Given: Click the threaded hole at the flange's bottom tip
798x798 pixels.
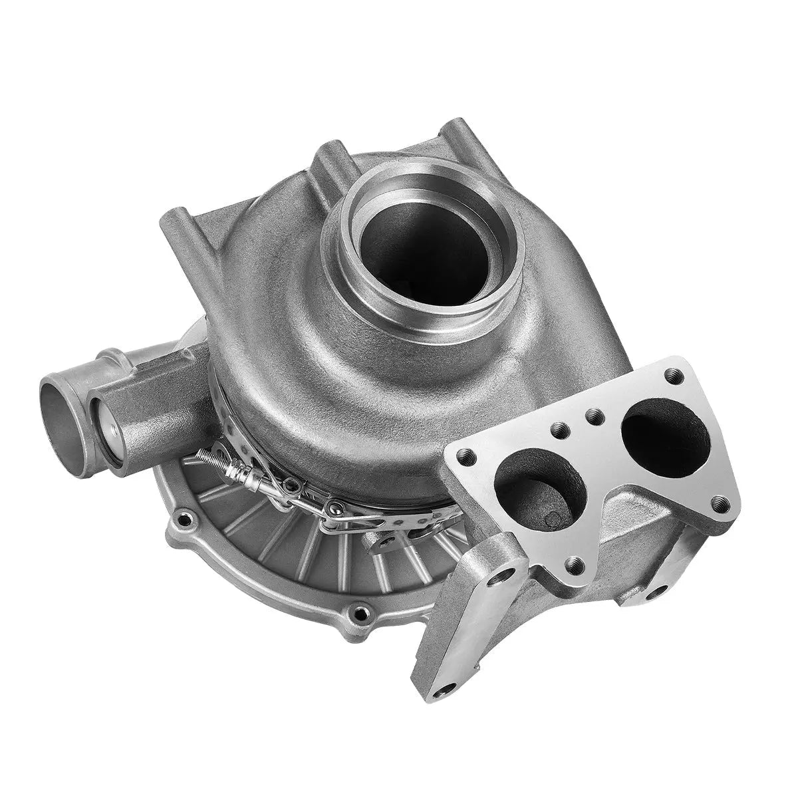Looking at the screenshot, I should tap(574, 566).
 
